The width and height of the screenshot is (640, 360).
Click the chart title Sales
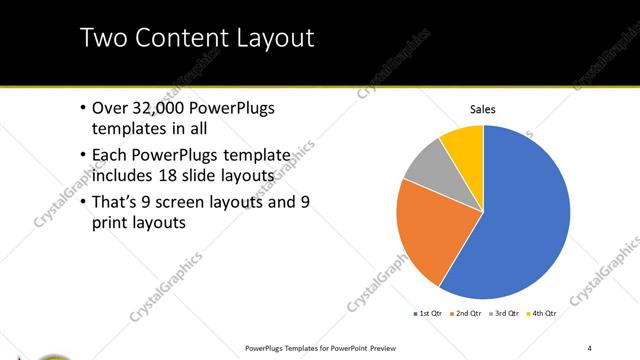[x=483, y=109]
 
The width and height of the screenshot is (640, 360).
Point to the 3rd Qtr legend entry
[x=505, y=314]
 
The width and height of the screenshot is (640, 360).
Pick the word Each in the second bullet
[x=108, y=156]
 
